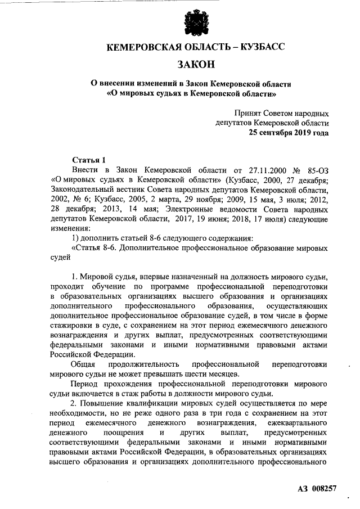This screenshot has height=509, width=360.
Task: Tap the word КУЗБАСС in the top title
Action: click(256, 47)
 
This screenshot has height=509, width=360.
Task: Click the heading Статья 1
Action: click(89, 159)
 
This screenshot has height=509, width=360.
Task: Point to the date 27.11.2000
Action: click(262, 169)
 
